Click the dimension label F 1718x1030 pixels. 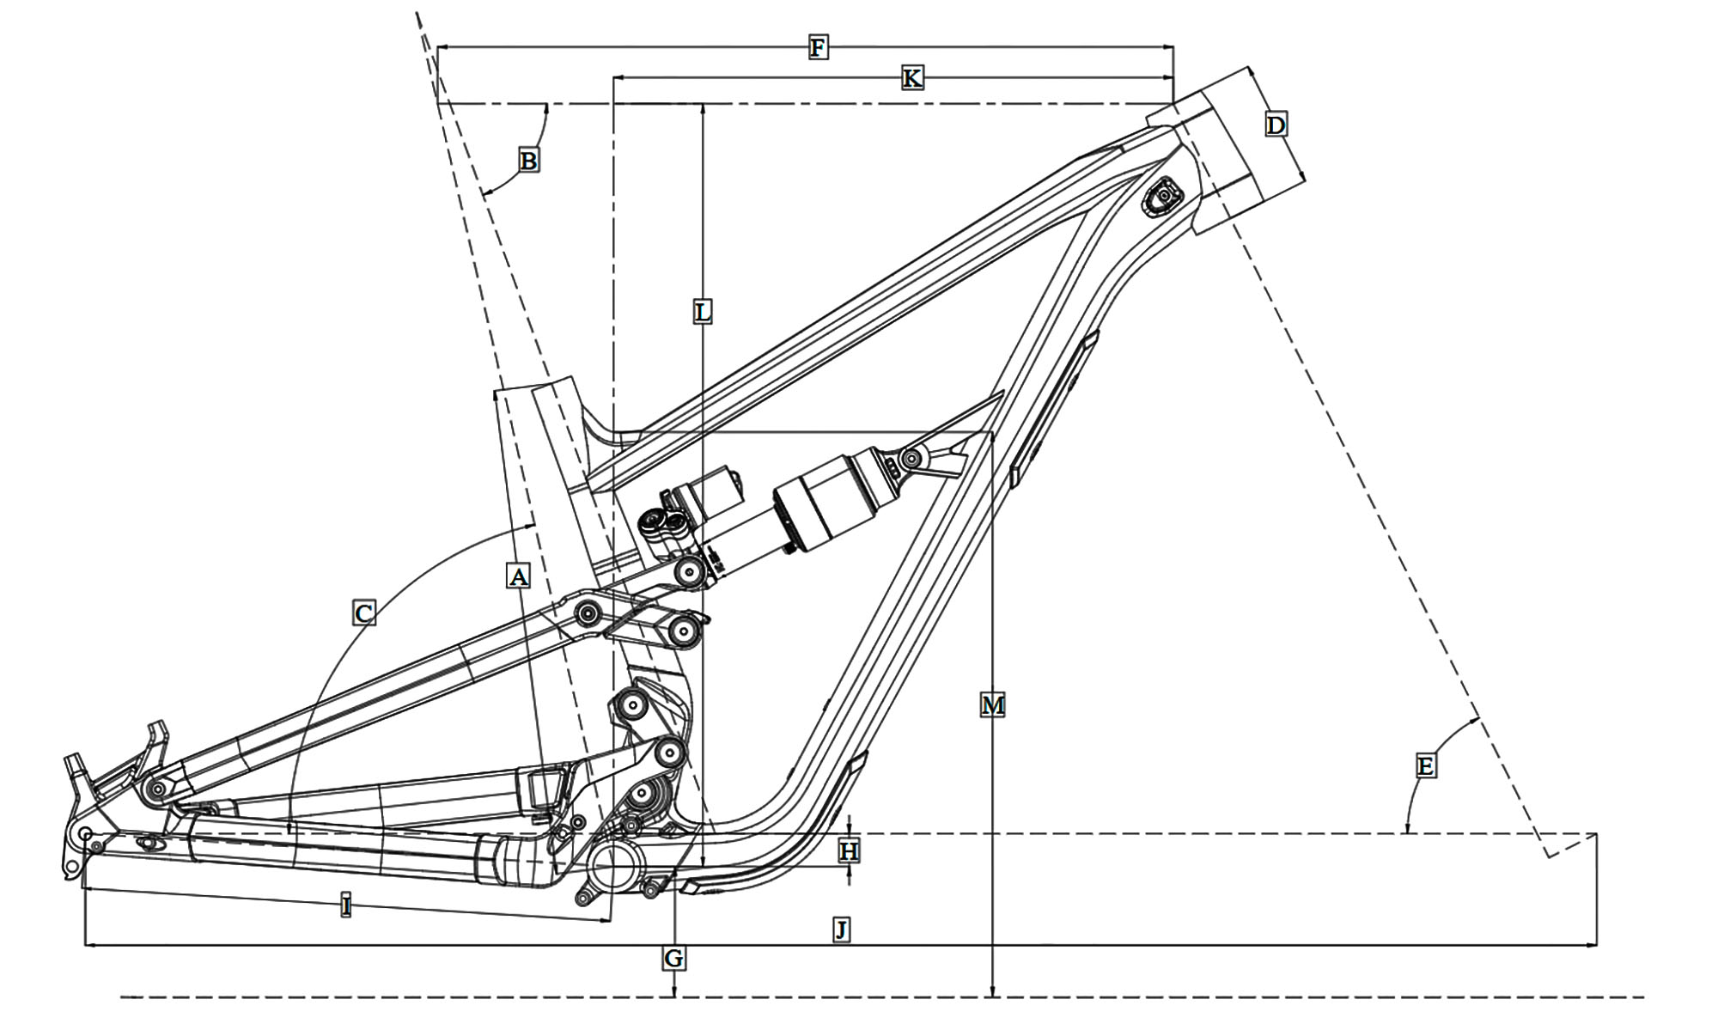click(x=818, y=47)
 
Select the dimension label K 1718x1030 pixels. click(x=911, y=78)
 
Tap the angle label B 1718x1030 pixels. click(x=528, y=161)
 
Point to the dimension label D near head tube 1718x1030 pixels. click(x=1276, y=125)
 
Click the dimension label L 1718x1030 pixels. click(x=703, y=312)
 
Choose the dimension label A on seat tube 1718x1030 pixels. click(x=518, y=576)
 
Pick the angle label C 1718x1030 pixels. click(x=363, y=613)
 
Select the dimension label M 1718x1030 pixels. click(x=992, y=706)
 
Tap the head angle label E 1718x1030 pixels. click(x=1424, y=765)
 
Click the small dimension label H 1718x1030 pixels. click(x=849, y=851)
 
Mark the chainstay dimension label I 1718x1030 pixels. click(x=345, y=905)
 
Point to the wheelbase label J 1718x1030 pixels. click(x=842, y=929)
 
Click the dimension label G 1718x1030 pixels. click(x=674, y=958)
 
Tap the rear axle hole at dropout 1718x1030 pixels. click(x=85, y=834)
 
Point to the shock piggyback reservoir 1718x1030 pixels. click(x=709, y=494)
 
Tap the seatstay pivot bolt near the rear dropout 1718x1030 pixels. click(x=155, y=788)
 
